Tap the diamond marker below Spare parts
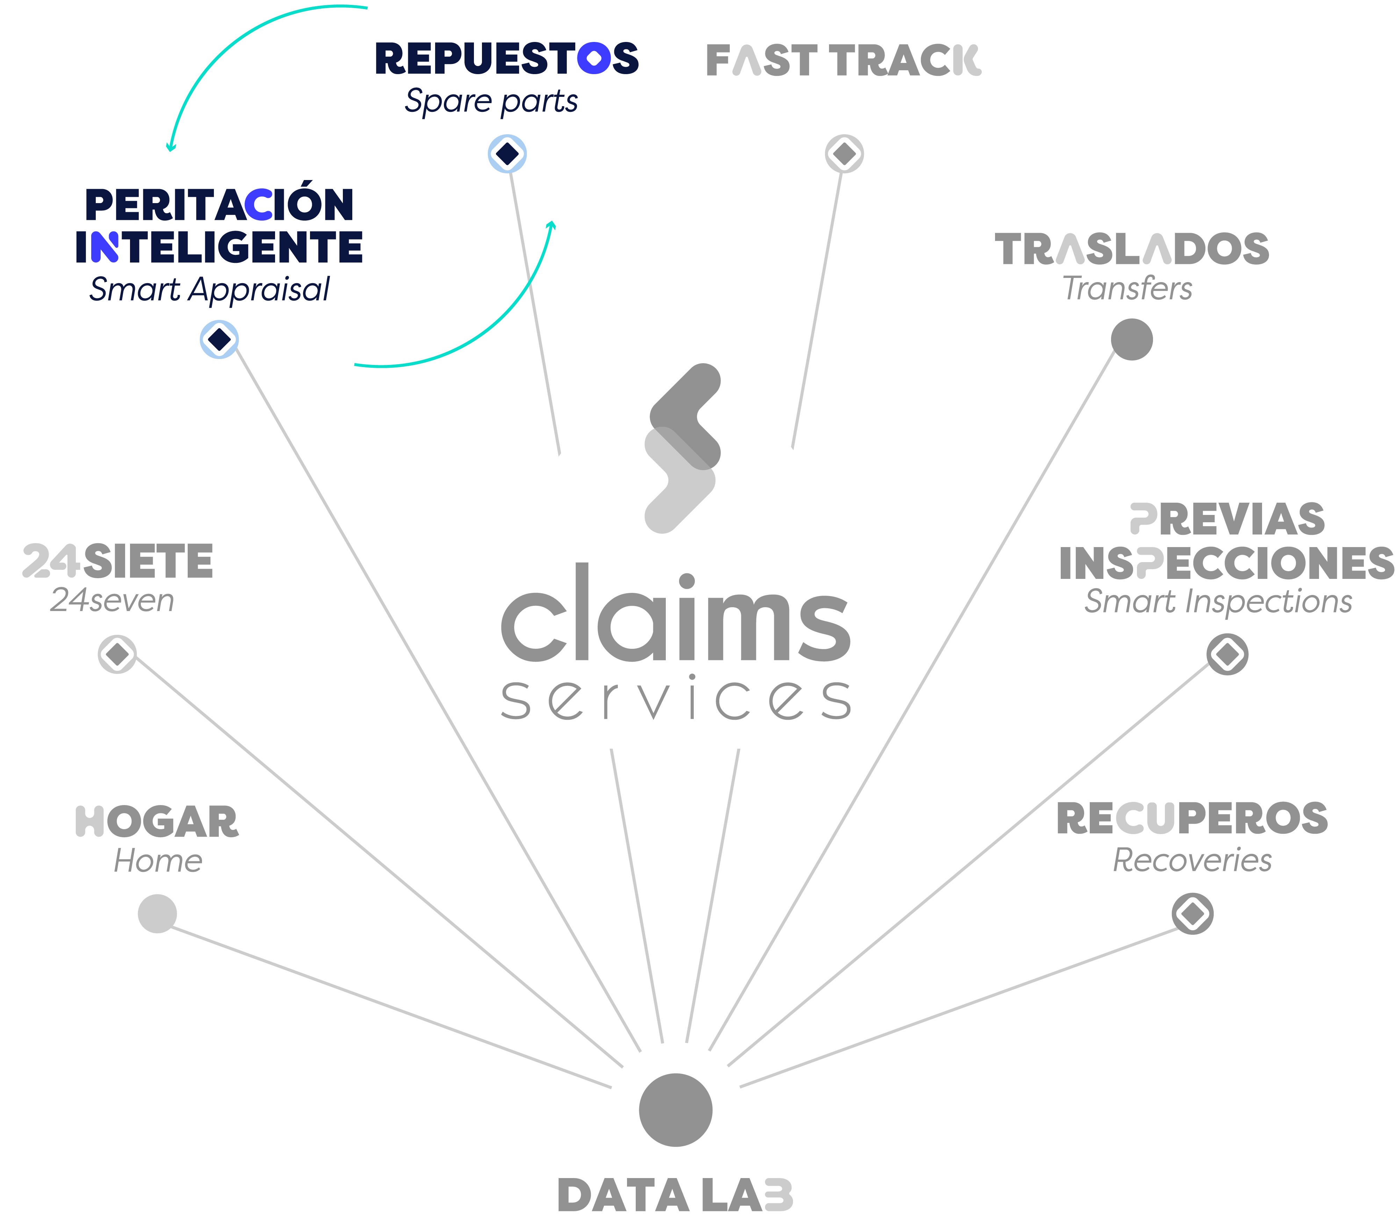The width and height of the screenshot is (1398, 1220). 507,154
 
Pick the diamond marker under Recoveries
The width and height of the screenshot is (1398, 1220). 1192,914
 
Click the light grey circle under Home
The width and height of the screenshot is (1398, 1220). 157,914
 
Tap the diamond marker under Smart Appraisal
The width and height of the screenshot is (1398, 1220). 219,339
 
